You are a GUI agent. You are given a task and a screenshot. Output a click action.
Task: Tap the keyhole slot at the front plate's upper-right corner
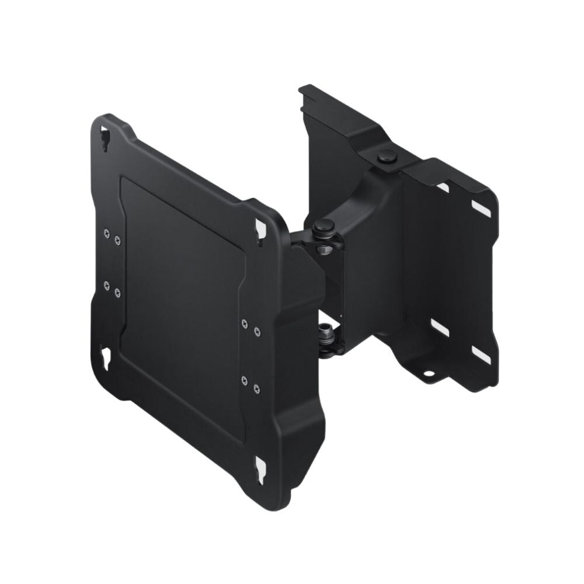point(259,230)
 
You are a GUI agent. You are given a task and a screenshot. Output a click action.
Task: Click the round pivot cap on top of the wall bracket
point(385,157)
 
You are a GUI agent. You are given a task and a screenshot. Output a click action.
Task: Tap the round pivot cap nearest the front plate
point(321,225)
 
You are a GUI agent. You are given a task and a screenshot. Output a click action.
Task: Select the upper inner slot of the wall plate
point(442,188)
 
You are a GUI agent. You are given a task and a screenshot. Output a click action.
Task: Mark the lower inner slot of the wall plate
point(440,327)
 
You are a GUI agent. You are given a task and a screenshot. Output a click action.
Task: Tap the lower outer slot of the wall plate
point(481,354)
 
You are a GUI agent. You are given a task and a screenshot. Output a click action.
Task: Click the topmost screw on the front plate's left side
point(106,232)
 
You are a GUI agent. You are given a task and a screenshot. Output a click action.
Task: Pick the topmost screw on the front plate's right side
point(244,322)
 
